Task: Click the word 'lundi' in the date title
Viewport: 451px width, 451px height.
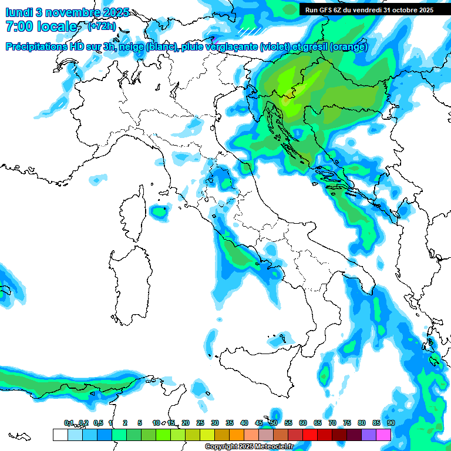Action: click(19, 12)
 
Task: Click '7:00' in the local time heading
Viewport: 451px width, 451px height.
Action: click(19, 26)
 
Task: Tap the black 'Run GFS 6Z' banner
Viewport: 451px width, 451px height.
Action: click(369, 9)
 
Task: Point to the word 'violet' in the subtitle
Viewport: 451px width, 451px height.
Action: click(276, 47)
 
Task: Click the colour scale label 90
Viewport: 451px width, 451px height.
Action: click(391, 423)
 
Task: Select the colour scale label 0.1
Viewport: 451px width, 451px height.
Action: click(69, 423)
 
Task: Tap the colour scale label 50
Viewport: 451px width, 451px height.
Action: click(274, 423)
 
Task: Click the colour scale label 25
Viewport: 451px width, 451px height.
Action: click(200, 423)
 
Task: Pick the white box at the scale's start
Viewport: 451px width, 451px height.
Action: click(60, 435)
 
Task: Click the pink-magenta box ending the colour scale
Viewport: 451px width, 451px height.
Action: click(383, 435)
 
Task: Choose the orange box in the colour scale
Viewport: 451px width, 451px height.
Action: click(237, 435)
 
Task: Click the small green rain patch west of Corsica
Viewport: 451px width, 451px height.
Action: click(157, 211)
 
